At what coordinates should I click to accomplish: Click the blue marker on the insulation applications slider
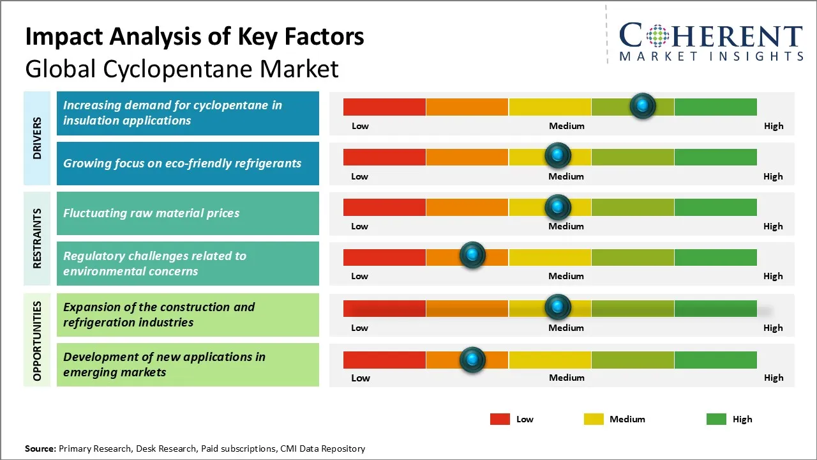pos(643,105)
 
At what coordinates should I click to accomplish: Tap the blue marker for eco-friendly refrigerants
pos(558,155)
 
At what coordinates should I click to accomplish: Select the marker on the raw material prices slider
pos(558,206)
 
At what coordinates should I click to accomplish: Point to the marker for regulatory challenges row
pos(472,256)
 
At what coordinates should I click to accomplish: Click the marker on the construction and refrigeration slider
pos(558,307)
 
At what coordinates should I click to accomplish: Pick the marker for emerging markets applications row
pos(472,360)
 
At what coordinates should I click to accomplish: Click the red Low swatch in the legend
pos(500,419)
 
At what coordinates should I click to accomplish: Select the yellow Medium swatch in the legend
pos(594,419)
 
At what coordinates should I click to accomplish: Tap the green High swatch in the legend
pos(716,419)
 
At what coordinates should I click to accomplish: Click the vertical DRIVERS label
pos(37,138)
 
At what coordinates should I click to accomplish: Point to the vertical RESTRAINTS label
pos(37,238)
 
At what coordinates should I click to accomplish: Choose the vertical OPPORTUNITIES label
pos(37,341)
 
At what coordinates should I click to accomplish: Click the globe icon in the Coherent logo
pos(657,36)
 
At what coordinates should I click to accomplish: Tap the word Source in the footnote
pos(40,448)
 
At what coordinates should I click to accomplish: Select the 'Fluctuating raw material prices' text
pos(151,213)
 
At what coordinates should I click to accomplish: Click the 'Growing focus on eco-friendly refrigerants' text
pos(182,163)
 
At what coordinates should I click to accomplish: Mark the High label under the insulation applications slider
pos(774,126)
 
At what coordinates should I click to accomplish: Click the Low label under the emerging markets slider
pos(361,378)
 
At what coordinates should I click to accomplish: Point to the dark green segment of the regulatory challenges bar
pos(715,257)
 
